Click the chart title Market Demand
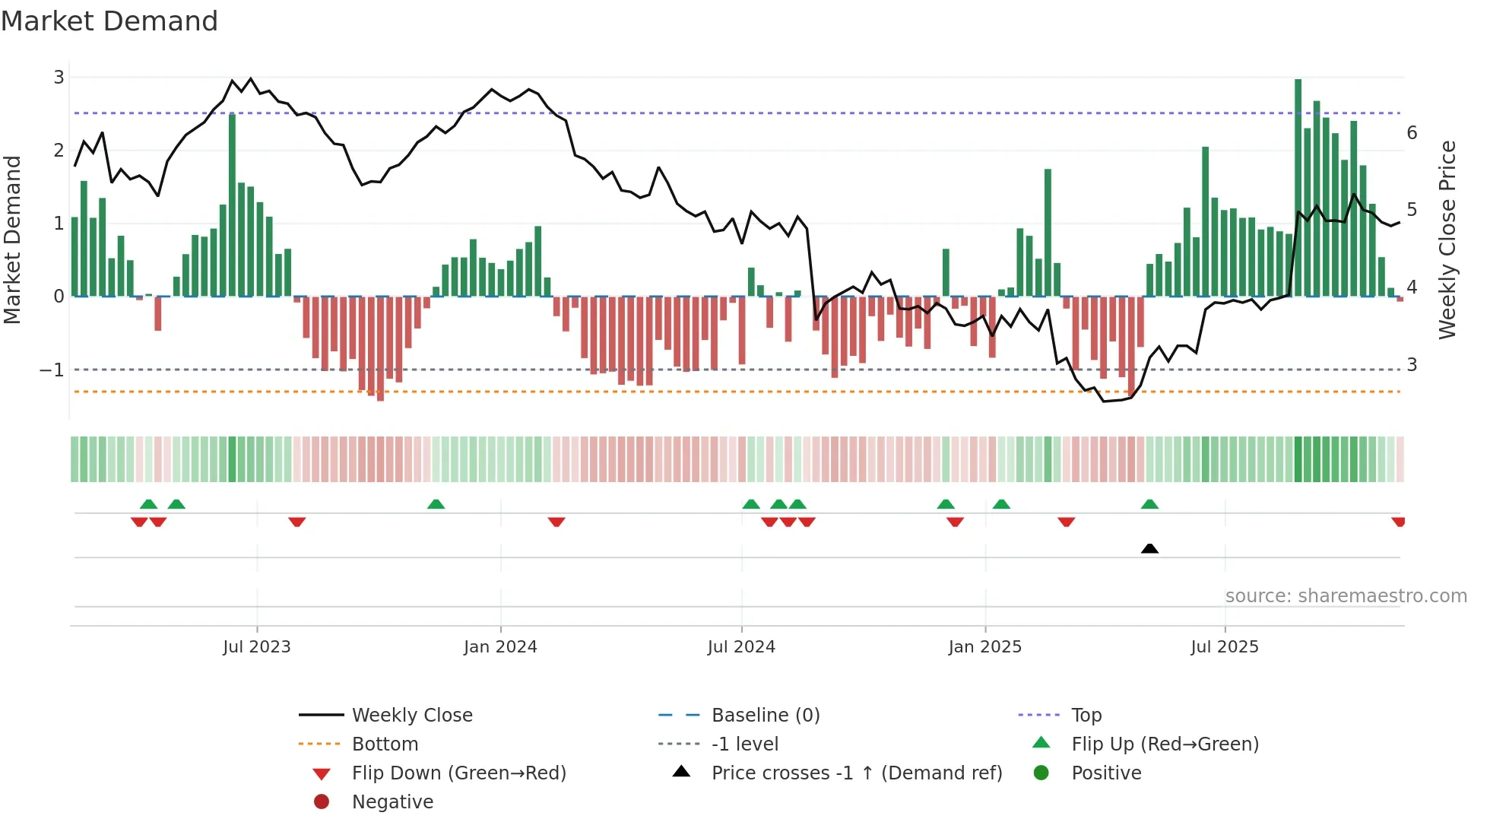pyautogui.click(x=109, y=21)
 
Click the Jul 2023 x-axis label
pyautogui.click(x=257, y=646)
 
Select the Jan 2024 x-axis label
pyautogui.click(x=500, y=646)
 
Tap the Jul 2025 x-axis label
pyautogui.click(x=1225, y=646)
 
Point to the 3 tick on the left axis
pyautogui.click(x=59, y=77)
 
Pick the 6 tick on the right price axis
pyautogui.click(x=1412, y=133)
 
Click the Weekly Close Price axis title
pyautogui.click(x=1447, y=240)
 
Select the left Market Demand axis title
pyautogui.click(x=12, y=240)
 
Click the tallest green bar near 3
pyautogui.click(x=1298, y=186)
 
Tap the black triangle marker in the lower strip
pyautogui.click(x=1149, y=548)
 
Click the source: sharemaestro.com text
pyautogui.click(x=1346, y=595)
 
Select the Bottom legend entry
pyautogui.click(x=385, y=744)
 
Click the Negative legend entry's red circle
pyautogui.click(x=322, y=801)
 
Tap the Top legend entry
pyautogui.click(x=1086, y=715)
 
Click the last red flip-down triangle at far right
pyautogui.click(x=1398, y=522)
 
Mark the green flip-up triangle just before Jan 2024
pyautogui.click(x=436, y=504)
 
